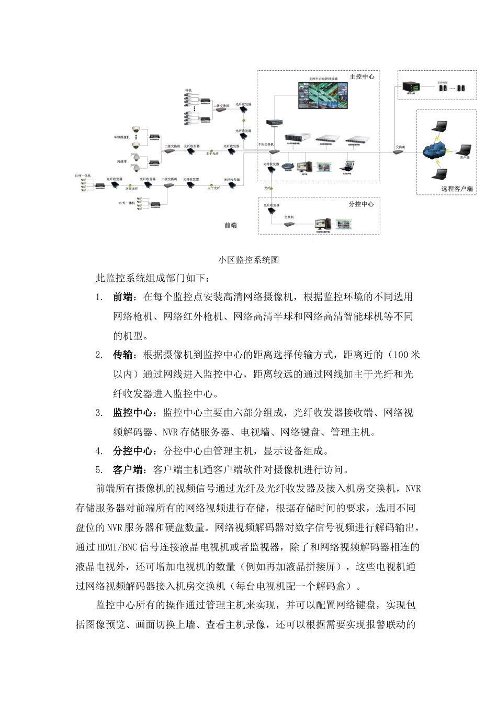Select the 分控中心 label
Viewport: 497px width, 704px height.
(360, 204)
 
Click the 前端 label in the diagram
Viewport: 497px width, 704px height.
(230, 225)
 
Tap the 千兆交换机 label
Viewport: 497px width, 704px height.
(265, 144)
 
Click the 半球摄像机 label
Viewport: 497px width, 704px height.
(121, 137)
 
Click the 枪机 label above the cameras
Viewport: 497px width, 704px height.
(188, 91)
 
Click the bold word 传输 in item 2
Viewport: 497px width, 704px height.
(123, 355)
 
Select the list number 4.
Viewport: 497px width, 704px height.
(99, 451)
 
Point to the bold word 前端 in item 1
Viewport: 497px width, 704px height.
(123, 298)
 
